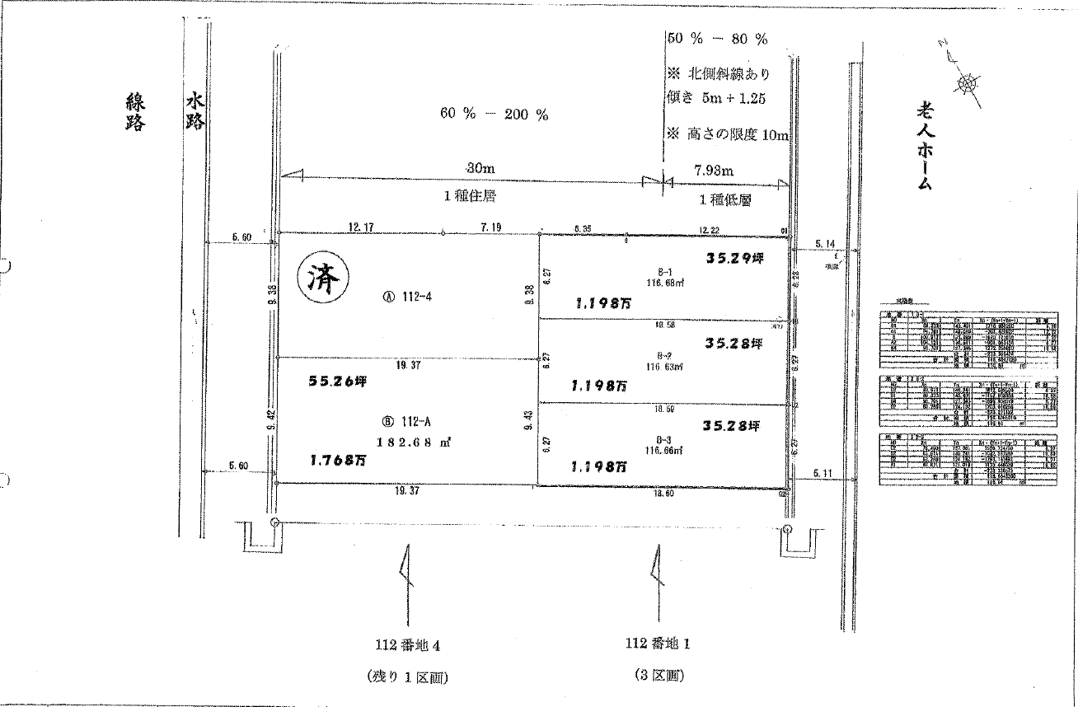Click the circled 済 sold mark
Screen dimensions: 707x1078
[321, 280]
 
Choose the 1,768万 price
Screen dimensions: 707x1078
[338, 461]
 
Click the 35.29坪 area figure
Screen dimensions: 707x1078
[734, 258]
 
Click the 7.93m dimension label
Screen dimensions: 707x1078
[712, 170]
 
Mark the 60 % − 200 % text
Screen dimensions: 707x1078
[494, 115]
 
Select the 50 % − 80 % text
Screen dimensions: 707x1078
[717, 39]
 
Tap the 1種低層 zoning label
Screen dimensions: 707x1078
[724, 199]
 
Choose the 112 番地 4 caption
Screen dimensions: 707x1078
[409, 644]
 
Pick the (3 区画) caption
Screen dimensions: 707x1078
[659, 676]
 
